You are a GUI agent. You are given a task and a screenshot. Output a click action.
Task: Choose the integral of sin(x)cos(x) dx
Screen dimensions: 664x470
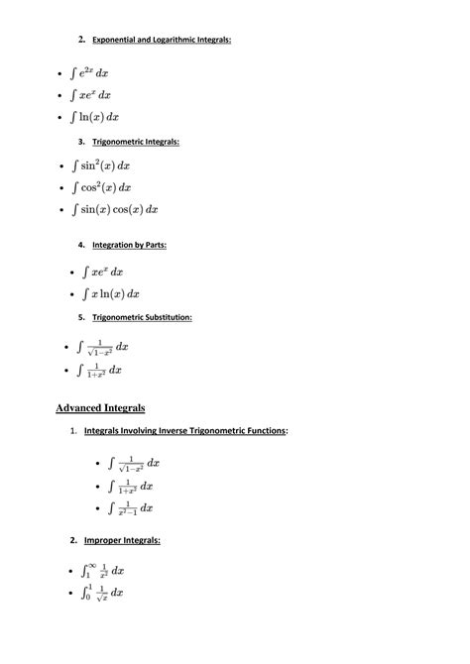[115, 210]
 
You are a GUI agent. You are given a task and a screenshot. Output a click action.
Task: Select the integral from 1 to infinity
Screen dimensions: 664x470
[101, 571]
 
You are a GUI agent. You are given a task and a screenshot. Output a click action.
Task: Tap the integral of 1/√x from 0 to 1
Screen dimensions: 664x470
[101, 593]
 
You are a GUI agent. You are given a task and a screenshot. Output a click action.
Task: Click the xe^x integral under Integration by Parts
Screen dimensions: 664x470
[103, 271]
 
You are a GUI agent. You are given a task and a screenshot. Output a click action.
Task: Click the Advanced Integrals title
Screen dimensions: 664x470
[100, 407]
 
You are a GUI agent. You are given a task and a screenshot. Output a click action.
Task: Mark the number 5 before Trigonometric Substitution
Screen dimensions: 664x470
[79, 317]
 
